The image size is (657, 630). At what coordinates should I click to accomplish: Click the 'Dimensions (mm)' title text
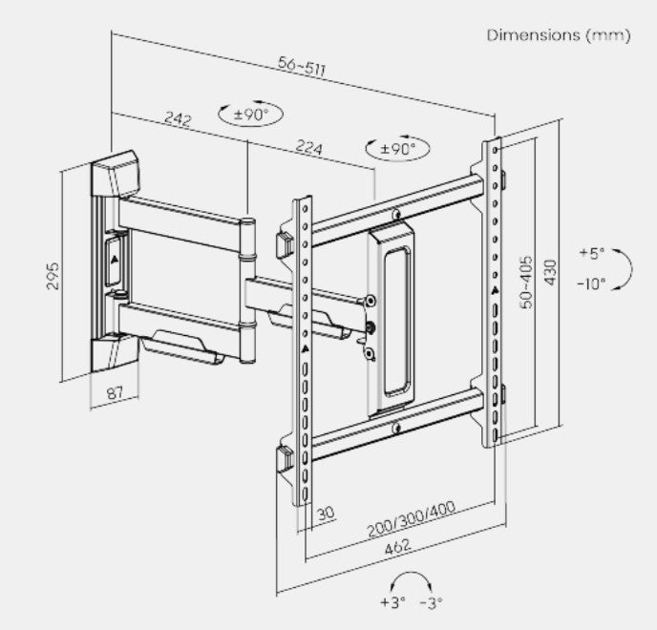pyautogui.click(x=559, y=35)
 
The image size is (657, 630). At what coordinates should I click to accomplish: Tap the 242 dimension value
pyautogui.click(x=178, y=118)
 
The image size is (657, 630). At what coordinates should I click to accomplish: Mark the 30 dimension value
pyautogui.click(x=325, y=514)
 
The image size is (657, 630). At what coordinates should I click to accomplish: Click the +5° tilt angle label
pyautogui.click(x=593, y=254)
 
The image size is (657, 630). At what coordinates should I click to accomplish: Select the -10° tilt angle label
pyautogui.click(x=592, y=283)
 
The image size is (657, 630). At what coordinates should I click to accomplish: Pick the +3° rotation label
pyautogui.click(x=392, y=602)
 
